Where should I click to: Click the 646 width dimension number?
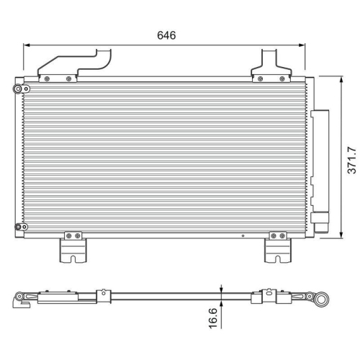(166, 35)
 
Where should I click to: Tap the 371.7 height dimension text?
(351, 160)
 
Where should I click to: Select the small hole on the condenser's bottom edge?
(244, 235)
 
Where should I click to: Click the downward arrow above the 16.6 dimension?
(222, 289)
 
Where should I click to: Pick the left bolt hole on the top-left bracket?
(47, 78)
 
